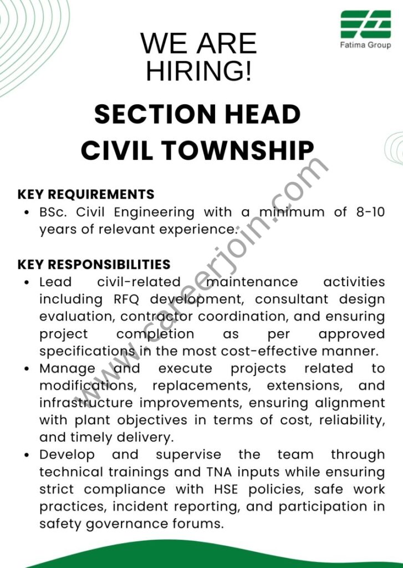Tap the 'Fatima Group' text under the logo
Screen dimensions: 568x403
(x=365, y=45)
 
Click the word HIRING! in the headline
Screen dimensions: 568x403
(x=198, y=70)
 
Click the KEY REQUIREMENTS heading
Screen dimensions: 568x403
(x=86, y=194)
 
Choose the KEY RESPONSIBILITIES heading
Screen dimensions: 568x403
(x=94, y=265)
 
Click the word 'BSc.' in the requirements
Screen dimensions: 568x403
(x=54, y=212)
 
